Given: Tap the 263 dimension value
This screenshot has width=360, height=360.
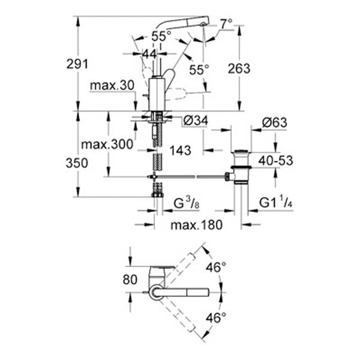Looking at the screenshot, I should pyautogui.click(x=239, y=68).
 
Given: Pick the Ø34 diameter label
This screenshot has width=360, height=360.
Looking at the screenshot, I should pyautogui.click(x=193, y=122).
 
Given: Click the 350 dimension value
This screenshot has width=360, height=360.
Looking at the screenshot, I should pyautogui.click(x=64, y=163).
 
